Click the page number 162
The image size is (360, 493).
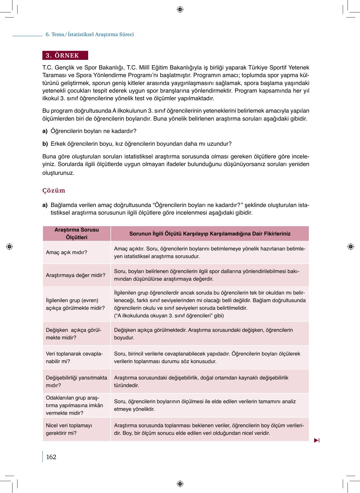point(51,457)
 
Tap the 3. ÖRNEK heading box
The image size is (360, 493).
point(65,55)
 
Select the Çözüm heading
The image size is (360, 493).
point(54,191)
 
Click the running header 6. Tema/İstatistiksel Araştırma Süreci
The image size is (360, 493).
point(90,34)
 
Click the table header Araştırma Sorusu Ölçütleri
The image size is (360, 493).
point(77,234)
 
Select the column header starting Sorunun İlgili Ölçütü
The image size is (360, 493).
point(210,234)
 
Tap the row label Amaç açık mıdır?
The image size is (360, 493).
point(66,252)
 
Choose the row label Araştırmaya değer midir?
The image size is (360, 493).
point(75,275)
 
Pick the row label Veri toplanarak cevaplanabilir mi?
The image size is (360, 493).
point(74,357)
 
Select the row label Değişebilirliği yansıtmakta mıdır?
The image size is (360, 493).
point(76,381)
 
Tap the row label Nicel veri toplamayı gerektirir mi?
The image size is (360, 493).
point(69,429)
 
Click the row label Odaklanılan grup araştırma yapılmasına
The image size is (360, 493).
point(74,405)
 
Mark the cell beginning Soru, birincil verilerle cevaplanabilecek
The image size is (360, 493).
point(207,357)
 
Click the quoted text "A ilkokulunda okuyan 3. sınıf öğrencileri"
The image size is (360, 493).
point(168,316)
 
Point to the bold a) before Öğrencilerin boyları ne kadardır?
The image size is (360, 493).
point(45,131)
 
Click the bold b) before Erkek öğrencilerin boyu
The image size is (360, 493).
point(45,144)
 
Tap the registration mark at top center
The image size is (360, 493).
point(180,10)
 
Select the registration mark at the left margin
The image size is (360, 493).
point(9,246)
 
